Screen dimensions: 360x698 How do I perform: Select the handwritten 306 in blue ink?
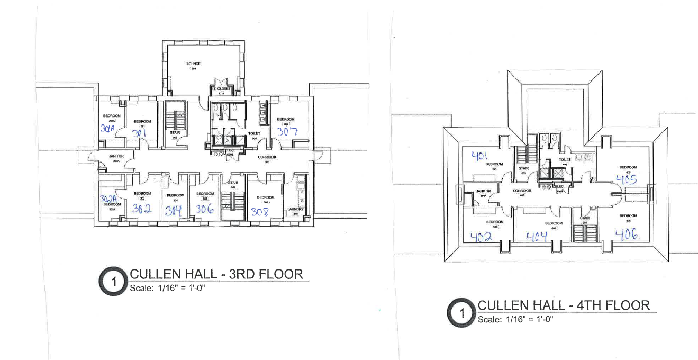click(x=205, y=210)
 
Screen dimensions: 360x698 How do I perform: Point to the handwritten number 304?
click(x=174, y=210)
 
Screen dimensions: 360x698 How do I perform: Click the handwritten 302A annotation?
click(x=108, y=199)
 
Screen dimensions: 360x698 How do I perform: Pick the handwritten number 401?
click(x=479, y=156)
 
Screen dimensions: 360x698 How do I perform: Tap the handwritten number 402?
click(x=481, y=237)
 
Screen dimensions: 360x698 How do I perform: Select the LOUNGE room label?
click(x=193, y=64)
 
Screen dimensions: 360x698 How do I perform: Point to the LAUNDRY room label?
click(x=296, y=209)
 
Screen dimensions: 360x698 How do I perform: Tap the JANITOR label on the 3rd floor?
click(x=116, y=156)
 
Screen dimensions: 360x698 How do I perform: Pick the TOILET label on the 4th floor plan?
click(x=565, y=159)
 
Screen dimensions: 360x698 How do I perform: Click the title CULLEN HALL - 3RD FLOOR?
click(x=216, y=274)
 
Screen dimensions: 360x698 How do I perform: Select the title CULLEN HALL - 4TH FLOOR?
click(x=563, y=305)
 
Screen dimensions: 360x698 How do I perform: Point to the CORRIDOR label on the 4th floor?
click(x=522, y=191)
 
